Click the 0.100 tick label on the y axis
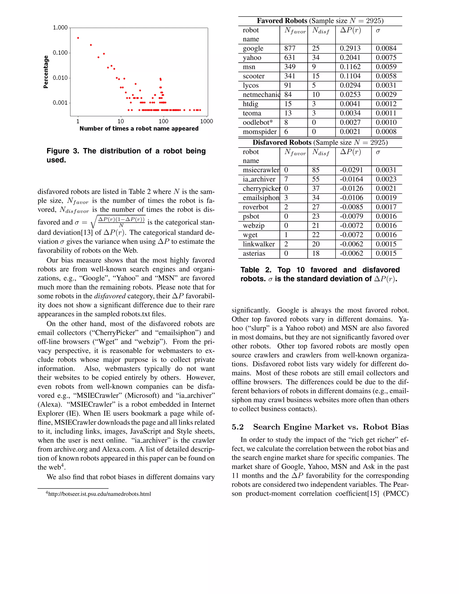[60, 52]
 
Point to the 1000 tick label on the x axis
[206, 121]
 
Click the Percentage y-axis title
[46, 72]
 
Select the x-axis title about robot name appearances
[139, 129]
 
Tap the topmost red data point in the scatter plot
[78, 38]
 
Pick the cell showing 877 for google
[290, 48]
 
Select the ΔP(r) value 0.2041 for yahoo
[350, 58]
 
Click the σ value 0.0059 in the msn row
[386, 67]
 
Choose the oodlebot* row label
[258, 122]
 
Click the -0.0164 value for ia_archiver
[351, 179]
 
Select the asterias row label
[254, 254]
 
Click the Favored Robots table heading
[282, 21]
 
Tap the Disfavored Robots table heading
[282, 143]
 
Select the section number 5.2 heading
[237, 427]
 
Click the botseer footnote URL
[100, 494]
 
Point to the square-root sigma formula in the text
[118, 222]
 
